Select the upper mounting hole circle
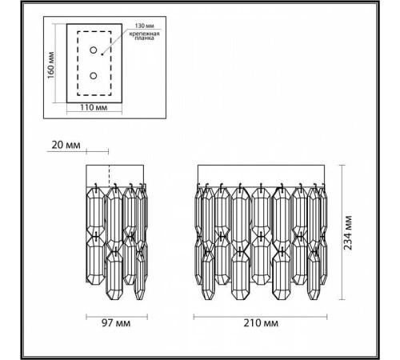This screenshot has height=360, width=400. (94, 51)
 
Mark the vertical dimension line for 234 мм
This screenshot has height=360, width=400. (342, 232)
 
